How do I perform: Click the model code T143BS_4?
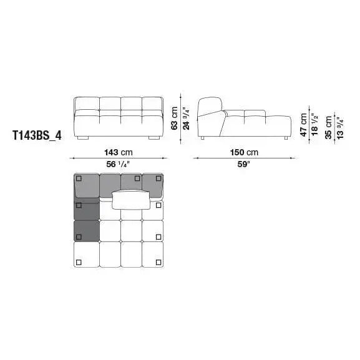(37, 135)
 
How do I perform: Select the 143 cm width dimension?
(119, 152)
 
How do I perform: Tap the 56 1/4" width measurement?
(119, 164)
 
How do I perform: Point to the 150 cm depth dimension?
(244, 152)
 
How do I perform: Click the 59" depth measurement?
(243, 164)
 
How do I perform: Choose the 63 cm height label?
(175, 119)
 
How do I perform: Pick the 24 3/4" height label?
(186, 119)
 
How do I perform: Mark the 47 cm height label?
(303, 125)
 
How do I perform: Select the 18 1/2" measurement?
(315, 125)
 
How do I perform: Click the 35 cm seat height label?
(329, 127)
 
